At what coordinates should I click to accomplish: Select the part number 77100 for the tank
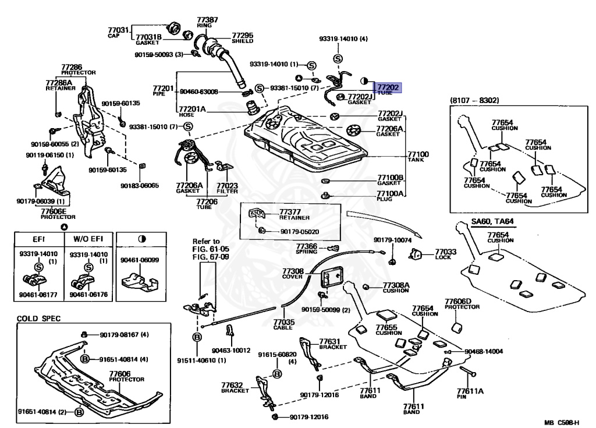point(418,154)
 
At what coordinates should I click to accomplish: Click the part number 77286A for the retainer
point(59,83)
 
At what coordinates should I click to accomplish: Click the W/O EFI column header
point(87,238)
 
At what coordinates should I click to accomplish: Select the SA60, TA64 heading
point(492,222)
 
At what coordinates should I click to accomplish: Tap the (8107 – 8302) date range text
point(474,101)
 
